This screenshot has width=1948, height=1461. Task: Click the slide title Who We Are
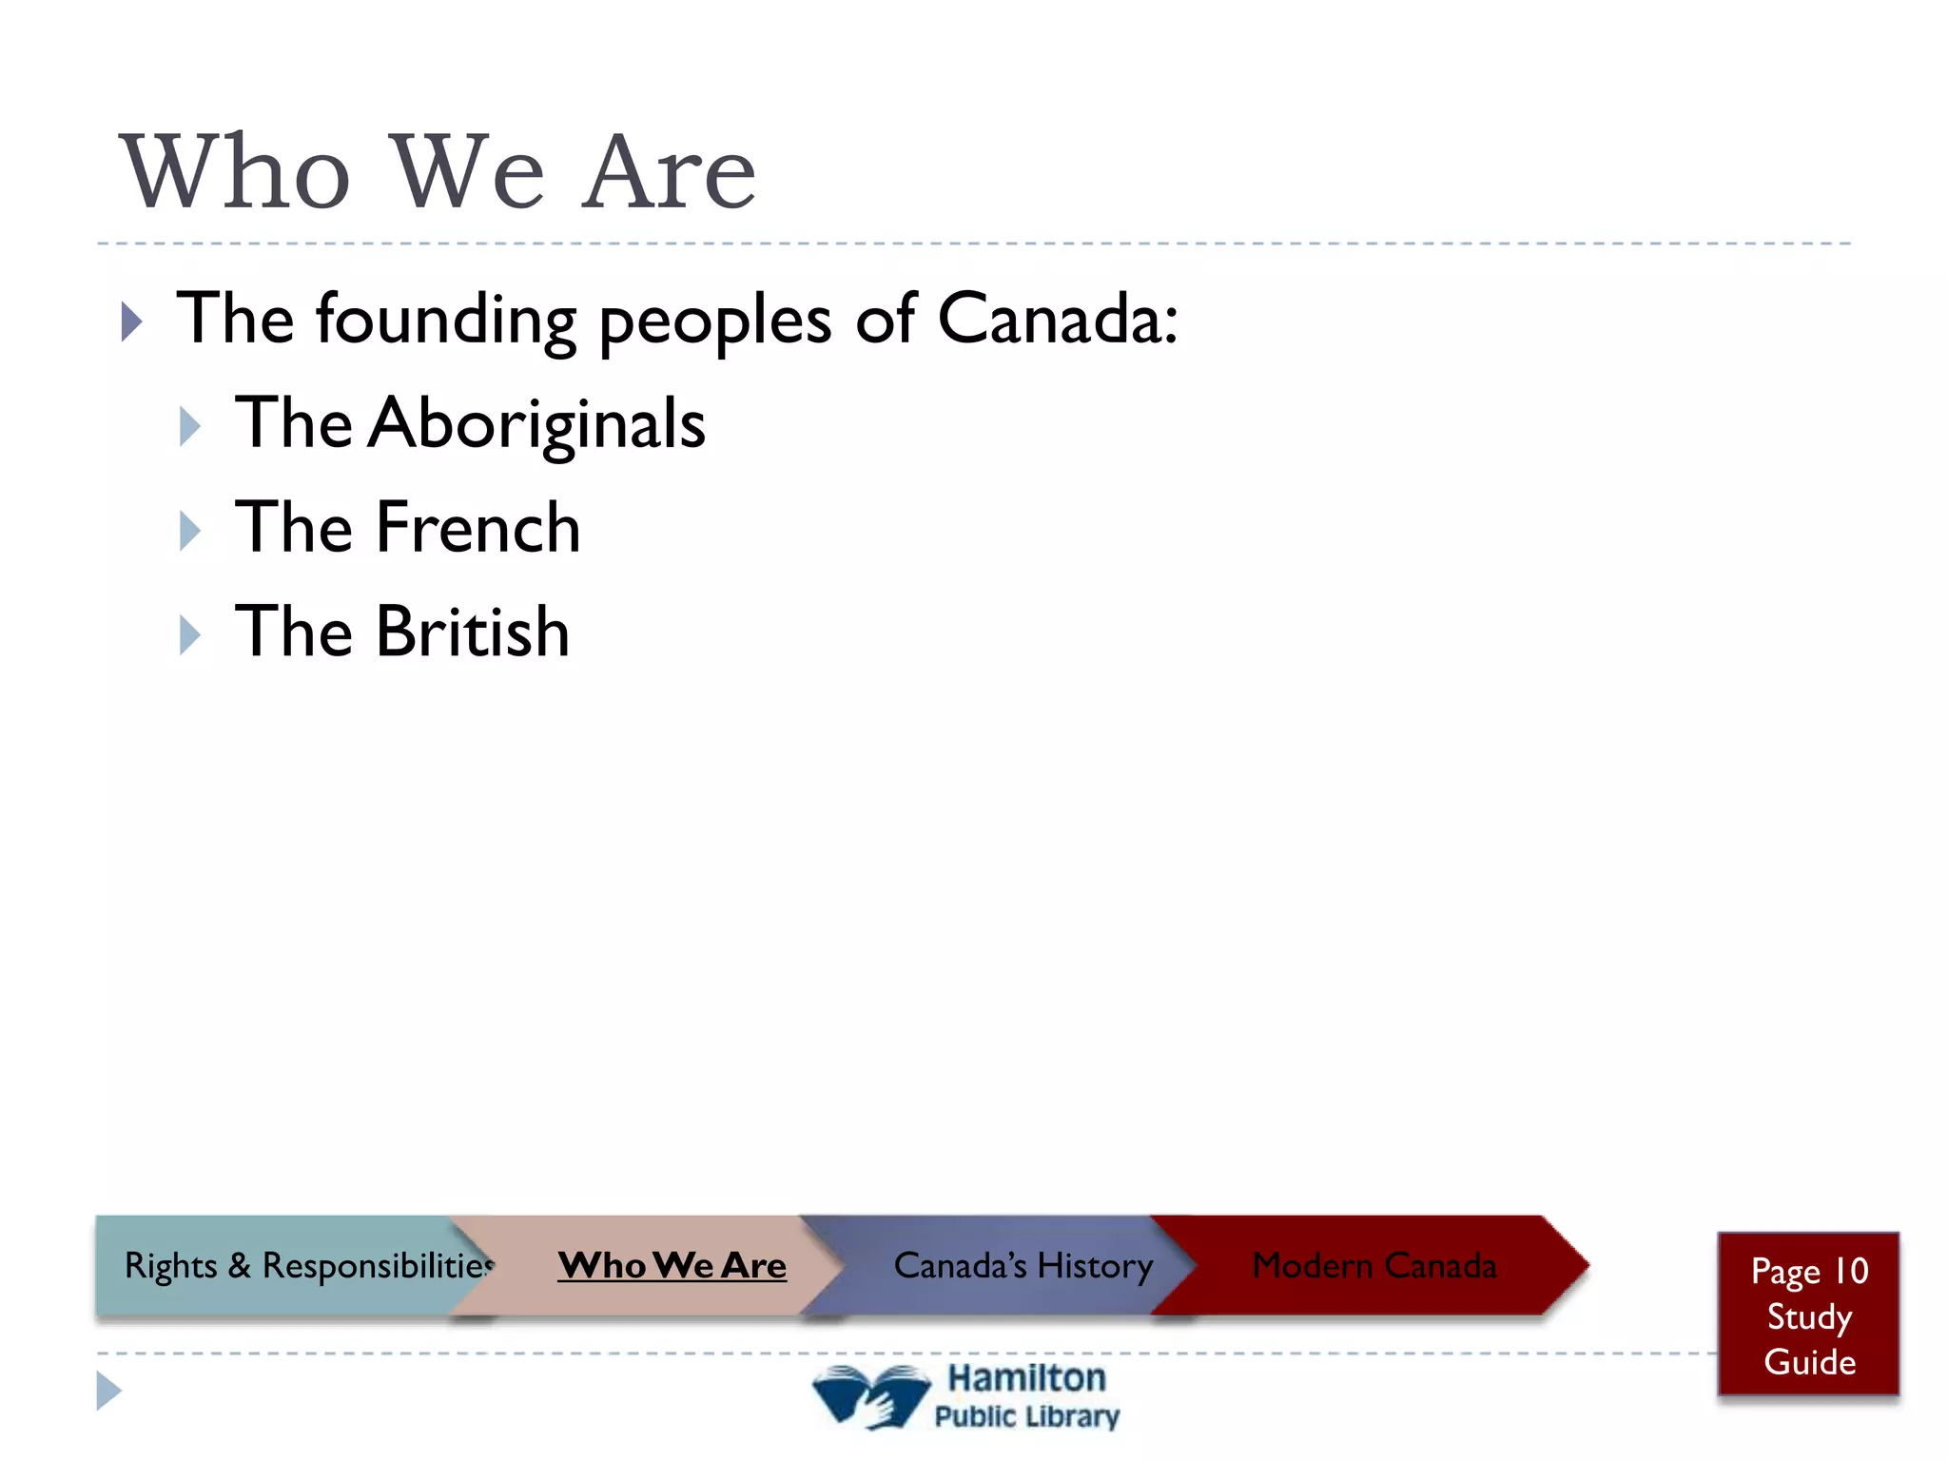(438, 173)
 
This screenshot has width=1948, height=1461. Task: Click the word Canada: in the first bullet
(1058, 319)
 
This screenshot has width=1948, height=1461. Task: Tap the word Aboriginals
(537, 424)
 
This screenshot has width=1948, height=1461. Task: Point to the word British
(473, 633)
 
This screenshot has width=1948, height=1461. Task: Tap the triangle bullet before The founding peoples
(132, 322)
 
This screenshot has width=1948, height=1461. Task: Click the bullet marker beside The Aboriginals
(190, 427)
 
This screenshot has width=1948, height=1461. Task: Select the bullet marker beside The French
(190, 531)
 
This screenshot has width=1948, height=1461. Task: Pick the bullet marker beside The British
(190, 635)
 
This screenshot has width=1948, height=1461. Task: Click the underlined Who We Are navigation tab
(672, 1265)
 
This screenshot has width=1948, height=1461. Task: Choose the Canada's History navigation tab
(1023, 1265)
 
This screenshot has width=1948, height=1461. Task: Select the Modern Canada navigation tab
(1373, 1265)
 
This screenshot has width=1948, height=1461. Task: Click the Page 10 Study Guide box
(1808, 1315)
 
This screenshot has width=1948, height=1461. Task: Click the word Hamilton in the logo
(1027, 1378)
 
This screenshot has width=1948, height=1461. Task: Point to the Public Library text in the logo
(1027, 1416)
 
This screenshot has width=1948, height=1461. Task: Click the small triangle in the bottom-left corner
(108, 1391)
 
